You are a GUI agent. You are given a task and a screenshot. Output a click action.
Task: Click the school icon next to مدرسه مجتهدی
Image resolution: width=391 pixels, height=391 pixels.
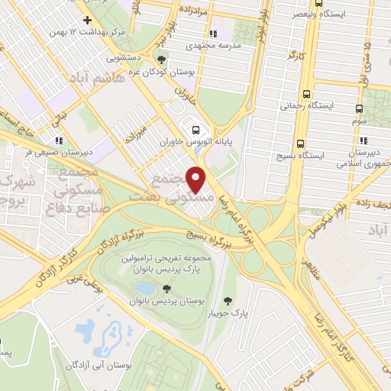click(213, 34)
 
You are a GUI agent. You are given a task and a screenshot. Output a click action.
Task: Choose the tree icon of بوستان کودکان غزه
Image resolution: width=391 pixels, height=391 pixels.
click(160, 60)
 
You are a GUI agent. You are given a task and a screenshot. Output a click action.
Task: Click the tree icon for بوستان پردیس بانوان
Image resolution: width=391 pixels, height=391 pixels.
click(166, 288)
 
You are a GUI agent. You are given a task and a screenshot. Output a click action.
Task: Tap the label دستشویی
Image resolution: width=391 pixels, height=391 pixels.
click(123, 56)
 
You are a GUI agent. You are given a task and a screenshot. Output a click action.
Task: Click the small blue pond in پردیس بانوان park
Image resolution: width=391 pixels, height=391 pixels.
click(144, 288)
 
